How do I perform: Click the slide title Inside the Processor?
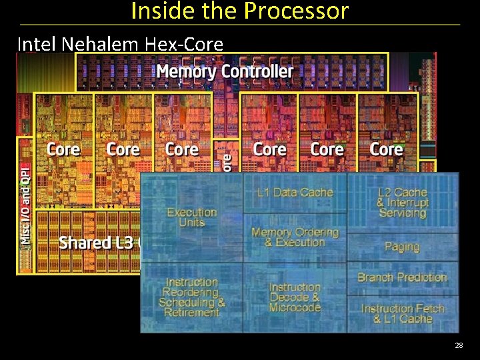240,11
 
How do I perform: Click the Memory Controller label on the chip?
224,71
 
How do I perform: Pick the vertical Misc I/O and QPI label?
25,204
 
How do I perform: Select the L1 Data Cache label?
295,193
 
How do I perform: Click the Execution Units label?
191,217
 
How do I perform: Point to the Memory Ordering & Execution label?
295,237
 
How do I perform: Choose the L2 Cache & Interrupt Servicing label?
402,203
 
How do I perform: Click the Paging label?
402,247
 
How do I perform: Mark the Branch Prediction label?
402,277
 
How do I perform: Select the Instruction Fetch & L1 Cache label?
402,314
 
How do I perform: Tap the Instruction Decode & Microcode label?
295,297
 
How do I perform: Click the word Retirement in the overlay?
191,313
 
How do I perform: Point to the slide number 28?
459,345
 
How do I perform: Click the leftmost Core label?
63,149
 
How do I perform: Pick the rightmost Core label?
386,149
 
